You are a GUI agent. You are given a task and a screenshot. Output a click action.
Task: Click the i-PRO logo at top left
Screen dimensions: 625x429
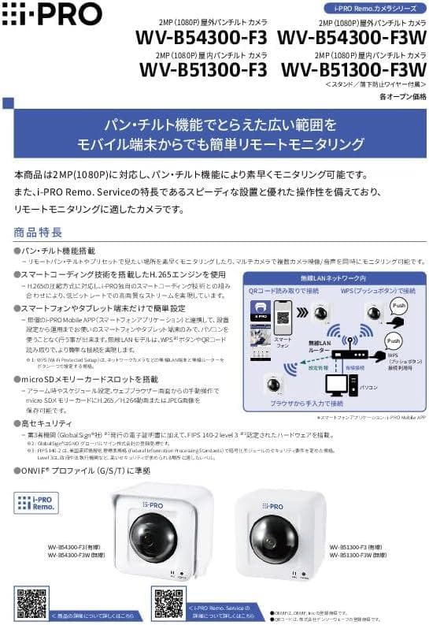[52, 14]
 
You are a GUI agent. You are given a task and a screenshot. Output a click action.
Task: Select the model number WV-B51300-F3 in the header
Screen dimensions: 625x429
[204, 70]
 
